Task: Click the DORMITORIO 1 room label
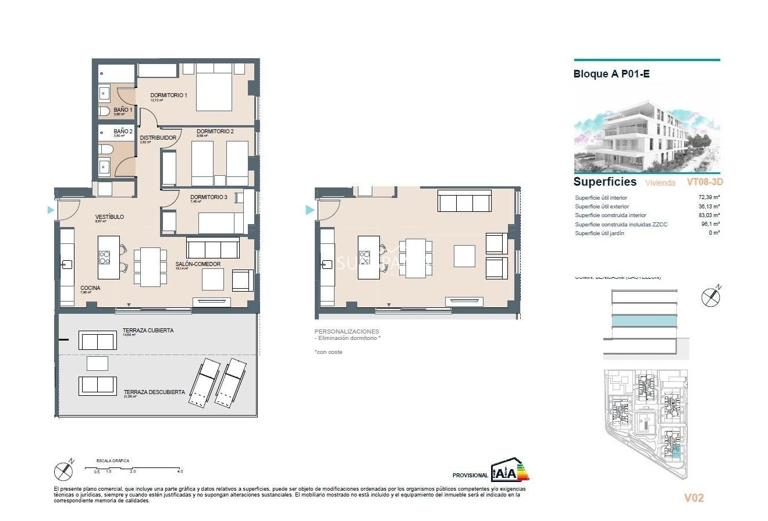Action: click(168, 95)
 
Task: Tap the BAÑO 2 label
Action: click(123, 132)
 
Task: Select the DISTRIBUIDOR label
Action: click(158, 138)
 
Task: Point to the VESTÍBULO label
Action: click(109, 217)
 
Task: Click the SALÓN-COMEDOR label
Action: click(198, 264)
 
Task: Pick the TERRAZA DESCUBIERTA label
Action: click(154, 392)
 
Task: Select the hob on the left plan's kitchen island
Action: click(105, 257)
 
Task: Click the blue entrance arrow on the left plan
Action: click(51, 210)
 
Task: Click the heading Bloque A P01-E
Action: click(611, 75)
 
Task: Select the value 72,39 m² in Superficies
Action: click(709, 197)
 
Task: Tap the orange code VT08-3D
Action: click(705, 182)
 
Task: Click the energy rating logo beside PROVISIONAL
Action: click(510, 471)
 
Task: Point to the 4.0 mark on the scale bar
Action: click(180, 471)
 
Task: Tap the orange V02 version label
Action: click(694, 498)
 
